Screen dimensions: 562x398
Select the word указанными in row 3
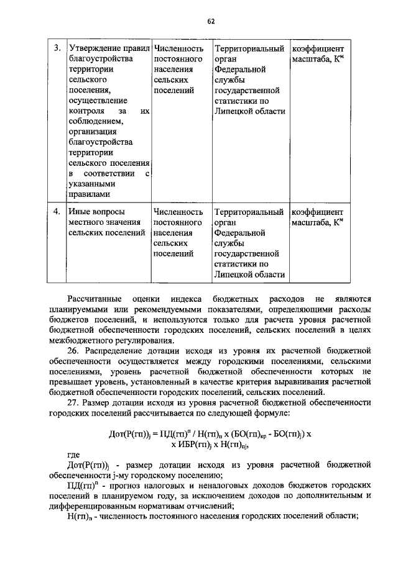click(92, 184)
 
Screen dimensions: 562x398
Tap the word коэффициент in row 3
click(317, 48)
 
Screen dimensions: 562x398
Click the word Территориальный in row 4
click(249, 211)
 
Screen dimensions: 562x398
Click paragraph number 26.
click(73, 351)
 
